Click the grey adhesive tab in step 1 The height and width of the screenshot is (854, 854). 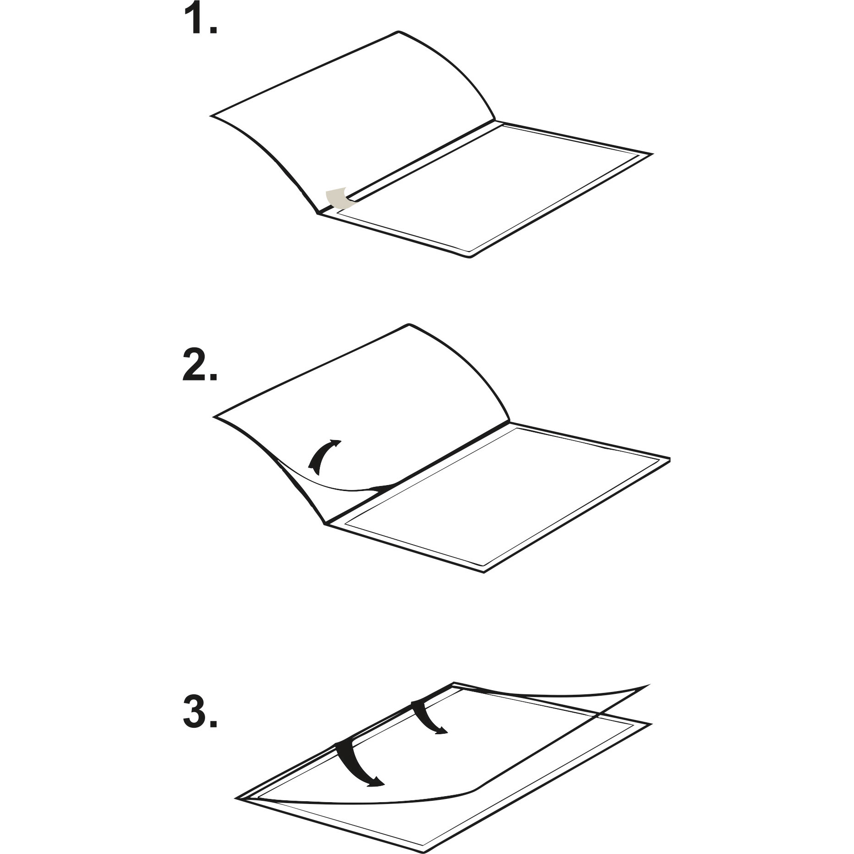(x=337, y=198)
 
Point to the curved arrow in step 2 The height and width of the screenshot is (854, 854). (x=323, y=456)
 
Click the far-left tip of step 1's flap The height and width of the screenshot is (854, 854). (x=211, y=115)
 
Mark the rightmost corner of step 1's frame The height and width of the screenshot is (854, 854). (x=652, y=153)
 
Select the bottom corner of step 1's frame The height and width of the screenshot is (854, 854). (x=469, y=257)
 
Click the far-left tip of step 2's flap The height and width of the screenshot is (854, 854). (x=214, y=417)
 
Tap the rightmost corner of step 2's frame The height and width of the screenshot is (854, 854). (x=670, y=459)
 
